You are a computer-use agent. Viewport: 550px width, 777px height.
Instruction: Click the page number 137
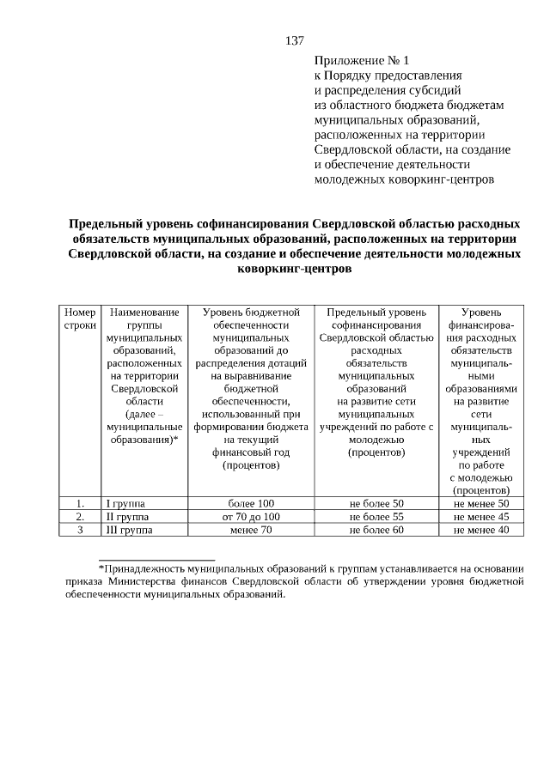tap(295, 40)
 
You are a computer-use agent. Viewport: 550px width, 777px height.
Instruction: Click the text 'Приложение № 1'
tap(364, 61)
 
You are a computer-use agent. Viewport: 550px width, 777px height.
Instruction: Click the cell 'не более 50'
tap(376, 503)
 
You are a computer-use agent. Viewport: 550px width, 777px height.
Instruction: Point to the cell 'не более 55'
tap(376, 517)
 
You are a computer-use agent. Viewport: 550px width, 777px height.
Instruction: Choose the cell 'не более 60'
tap(376, 531)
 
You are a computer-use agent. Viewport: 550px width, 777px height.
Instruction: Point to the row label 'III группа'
tap(128, 531)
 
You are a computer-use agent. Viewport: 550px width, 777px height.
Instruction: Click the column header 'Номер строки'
tap(80, 320)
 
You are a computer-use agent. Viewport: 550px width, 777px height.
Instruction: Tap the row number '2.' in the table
tap(80, 517)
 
